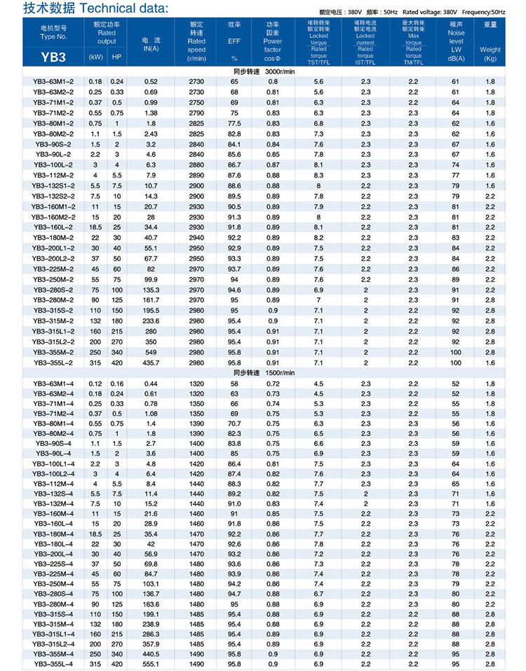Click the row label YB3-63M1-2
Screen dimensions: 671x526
point(53,81)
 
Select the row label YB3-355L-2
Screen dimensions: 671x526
point(53,362)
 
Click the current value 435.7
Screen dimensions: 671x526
point(151,362)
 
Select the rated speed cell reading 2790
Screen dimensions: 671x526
point(197,112)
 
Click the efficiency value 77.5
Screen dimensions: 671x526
point(234,122)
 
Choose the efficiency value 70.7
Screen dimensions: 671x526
point(234,423)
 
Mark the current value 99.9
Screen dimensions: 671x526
point(151,279)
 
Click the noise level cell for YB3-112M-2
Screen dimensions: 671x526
point(456,175)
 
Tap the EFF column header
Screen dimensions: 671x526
point(234,41)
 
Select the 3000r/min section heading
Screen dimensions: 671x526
point(262,72)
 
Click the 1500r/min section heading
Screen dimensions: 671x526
point(262,373)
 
